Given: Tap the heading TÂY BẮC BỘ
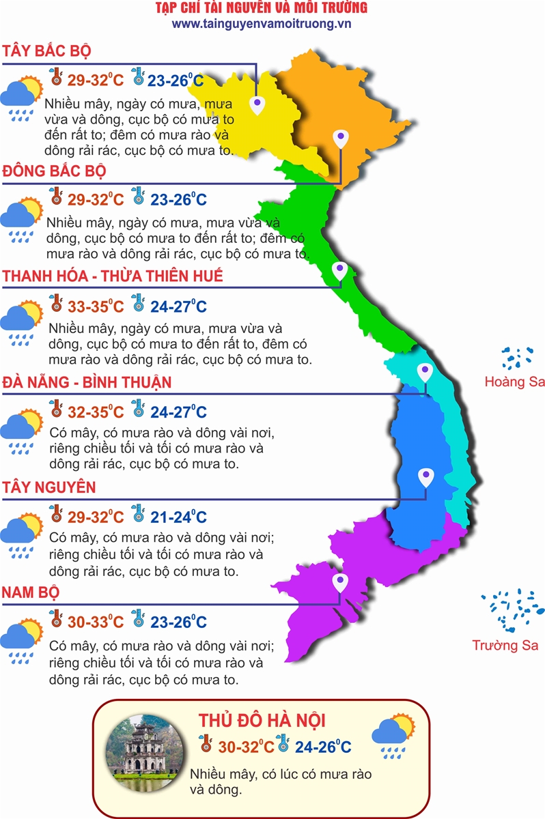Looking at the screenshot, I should (47, 52).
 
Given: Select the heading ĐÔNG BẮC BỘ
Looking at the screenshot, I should (54, 171).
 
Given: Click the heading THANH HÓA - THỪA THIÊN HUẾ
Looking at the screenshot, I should (113, 276).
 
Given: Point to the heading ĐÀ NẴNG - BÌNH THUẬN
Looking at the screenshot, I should (87, 382).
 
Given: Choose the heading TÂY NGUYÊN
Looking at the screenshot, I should (49, 487).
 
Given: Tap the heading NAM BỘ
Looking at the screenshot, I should (31, 592).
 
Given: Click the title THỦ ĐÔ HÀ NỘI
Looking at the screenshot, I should (262, 721).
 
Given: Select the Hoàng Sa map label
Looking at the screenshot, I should (514, 382).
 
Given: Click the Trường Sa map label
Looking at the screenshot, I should (505, 645).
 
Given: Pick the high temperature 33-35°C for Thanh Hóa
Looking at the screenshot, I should (95, 306).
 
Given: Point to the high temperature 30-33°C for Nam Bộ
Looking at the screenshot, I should (95, 622).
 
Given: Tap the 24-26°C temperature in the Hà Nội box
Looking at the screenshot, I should (323, 747).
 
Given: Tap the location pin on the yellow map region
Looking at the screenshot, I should (257, 105).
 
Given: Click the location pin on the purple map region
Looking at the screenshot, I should (339, 583).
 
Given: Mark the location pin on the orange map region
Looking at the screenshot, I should (340, 139).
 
